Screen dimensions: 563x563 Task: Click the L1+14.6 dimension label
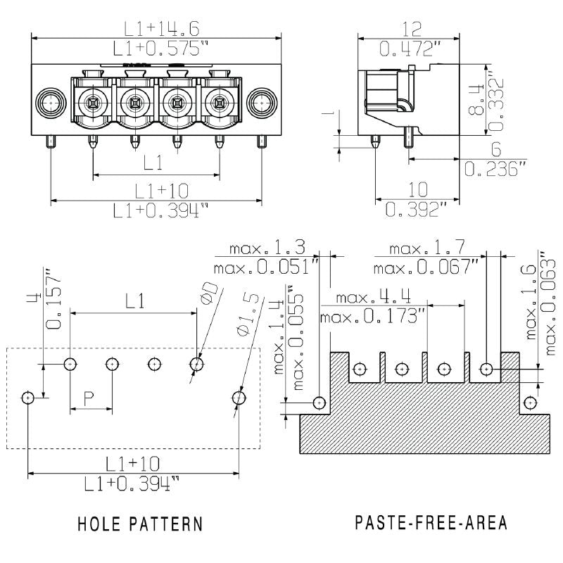click(x=162, y=29)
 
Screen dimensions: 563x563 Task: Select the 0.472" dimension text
click(x=410, y=49)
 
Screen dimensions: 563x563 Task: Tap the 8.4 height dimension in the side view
click(x=475, y=99)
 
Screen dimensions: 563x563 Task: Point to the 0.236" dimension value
click(x=495, y=170)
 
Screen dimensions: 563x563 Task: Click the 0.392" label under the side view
click(x=417, y=209)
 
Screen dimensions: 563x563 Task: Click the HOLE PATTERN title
click(x=140, y=524)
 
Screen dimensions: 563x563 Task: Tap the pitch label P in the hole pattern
click(x=89, y=398)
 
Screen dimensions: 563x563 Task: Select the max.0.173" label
click(x=372, y=317)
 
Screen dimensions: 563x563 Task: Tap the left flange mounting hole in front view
click(x=51, y=103)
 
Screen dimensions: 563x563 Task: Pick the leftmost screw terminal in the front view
click(x=92, y=104)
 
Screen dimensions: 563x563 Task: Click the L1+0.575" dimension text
click(x=162, y=49)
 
